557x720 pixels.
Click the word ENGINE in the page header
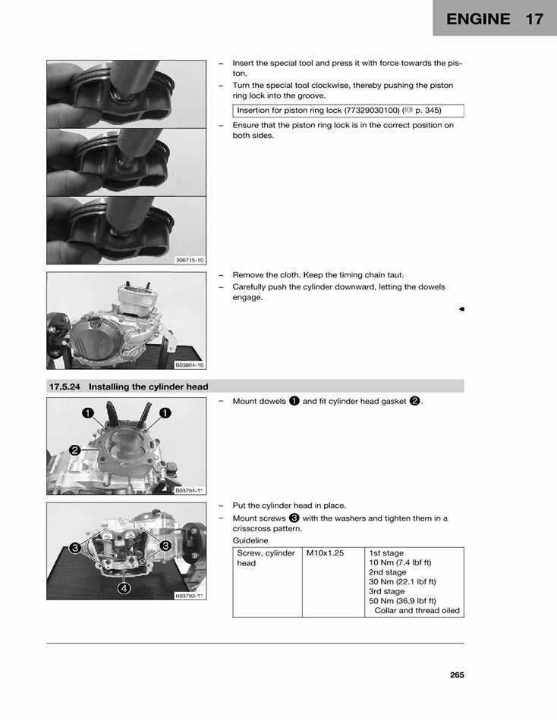pos(478,19)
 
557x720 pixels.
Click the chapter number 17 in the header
pos(534,19)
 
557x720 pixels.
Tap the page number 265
pos(456,675)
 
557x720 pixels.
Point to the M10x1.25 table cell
pos(325,553)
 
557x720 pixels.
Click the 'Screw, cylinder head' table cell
pos(266,559)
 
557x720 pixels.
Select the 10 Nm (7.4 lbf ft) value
pos(399,563)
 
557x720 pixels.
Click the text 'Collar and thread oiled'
pos(417,611)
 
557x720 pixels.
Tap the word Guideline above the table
pos(250,541)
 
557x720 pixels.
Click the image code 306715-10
pos(189,260)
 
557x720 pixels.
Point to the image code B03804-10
pos(189,365)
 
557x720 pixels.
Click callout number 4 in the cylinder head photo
pos(124,588)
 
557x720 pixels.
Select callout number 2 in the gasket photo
pos(75,450)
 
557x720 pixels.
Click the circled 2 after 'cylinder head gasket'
pos(415,401)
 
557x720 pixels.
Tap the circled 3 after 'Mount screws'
pos(294,518)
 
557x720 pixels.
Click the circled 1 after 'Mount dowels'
pos(294,401)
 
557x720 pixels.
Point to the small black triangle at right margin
pos(461,309)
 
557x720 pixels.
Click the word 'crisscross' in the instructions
pos(253,529)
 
